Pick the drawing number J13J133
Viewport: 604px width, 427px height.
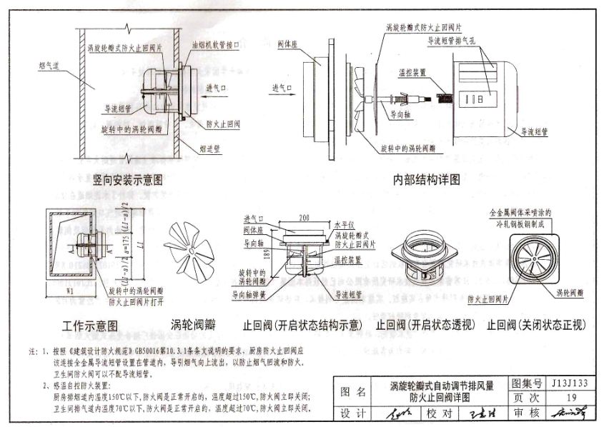(x=570, y=384)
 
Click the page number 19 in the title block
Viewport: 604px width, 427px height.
(x=570, y=398)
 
